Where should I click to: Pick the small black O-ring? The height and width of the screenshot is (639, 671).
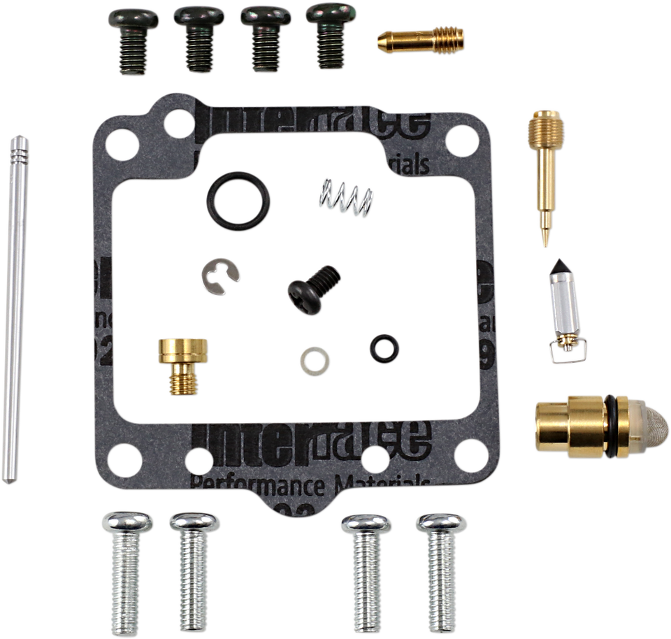tap(381, 345)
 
